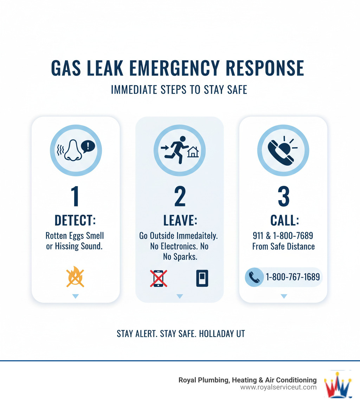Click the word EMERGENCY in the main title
point(174,68)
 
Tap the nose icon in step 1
point(73,151)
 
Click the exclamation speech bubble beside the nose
point(88,147)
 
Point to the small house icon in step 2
point(193,152)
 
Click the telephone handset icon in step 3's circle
point(281,153)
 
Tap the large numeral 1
point(75,196)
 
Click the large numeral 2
point(180,196)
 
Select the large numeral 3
point(284,196)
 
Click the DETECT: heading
point(75,221)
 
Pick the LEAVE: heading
point(180,221)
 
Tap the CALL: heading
point(285,221)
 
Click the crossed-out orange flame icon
point(75,277)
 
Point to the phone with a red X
point(159,278)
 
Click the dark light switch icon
point(202,278)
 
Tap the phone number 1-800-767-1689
point(293,277)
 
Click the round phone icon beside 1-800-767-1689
point(254,277)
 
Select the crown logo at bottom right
point(338,385)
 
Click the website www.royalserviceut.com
point(278,387)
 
